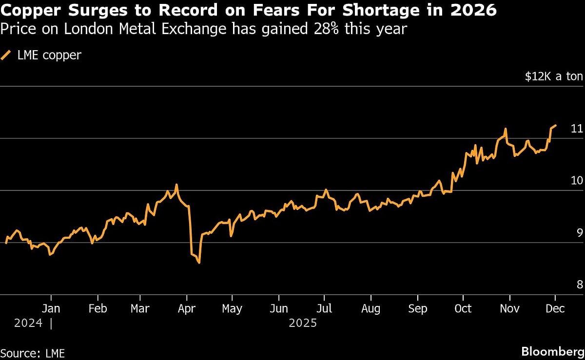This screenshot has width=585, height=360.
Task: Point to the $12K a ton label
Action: point(554,76)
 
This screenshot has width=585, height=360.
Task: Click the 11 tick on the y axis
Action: point(577,129)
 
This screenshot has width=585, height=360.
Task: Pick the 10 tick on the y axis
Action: point(577,181)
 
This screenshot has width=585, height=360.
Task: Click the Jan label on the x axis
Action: point(51,309)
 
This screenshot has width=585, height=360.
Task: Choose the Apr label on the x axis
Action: point(186,309)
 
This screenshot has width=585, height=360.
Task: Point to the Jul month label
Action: point(324,309)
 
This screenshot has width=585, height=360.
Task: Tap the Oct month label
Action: point(463,309)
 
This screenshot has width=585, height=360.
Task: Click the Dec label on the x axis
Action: point(555,309)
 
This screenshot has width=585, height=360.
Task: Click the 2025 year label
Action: point(303,323)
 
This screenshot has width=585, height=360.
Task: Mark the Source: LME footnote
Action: point(32,353)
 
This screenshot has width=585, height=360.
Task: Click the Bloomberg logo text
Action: point(552,352)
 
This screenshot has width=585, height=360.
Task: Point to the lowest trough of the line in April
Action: point(199,263)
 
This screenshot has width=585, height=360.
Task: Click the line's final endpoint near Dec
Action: point(556,125)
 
